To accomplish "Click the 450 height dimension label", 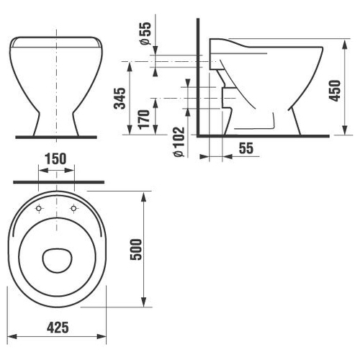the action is (x=335, y=91).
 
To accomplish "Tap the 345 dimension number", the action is (x=120, y=99).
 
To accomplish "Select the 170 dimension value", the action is (x=144, y=120).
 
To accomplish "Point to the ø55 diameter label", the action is (x=146, y=33).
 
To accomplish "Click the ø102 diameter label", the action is (x=179, y=142).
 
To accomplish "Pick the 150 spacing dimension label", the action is (x=55, y=158).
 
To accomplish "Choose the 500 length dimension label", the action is (x=136, y=250).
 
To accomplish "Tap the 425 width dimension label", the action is (x=58, y=328).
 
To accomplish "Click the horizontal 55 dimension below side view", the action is (x=246, y=148).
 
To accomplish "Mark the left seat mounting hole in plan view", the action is (x=39, y=208).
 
